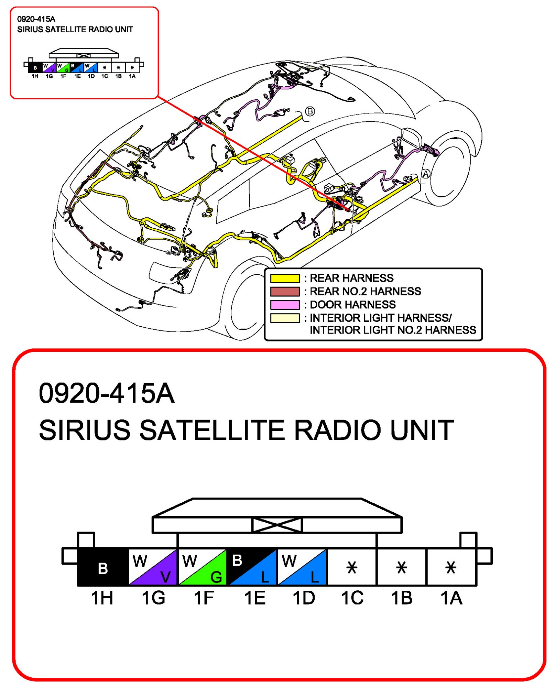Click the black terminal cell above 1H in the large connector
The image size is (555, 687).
coord(103,567)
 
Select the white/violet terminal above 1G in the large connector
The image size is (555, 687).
coord(153,567)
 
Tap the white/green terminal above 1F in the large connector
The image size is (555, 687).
coord(203,567)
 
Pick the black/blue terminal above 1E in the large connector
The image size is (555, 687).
coord(253,567)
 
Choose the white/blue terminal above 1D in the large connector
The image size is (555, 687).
coord(302,567)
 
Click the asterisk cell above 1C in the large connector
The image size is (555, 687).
coord(352,567)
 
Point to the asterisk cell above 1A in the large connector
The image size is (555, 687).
coord(451,567)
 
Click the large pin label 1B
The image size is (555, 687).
coord(402,598)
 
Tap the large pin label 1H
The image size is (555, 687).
coord(102,598)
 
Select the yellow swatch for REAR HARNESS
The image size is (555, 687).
coord(285,278)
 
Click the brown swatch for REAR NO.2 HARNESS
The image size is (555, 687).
coord(285,292)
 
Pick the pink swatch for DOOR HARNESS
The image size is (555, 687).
coord(285,305)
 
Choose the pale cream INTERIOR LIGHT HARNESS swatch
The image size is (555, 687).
coord(285,318)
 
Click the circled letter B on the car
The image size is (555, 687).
coord(310,111)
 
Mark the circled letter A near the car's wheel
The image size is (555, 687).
coord(426,174)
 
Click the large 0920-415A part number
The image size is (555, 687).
coord(107,393)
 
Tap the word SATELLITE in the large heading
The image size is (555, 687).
coord(212,430)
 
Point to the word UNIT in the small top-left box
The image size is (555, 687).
coord(124,30)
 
